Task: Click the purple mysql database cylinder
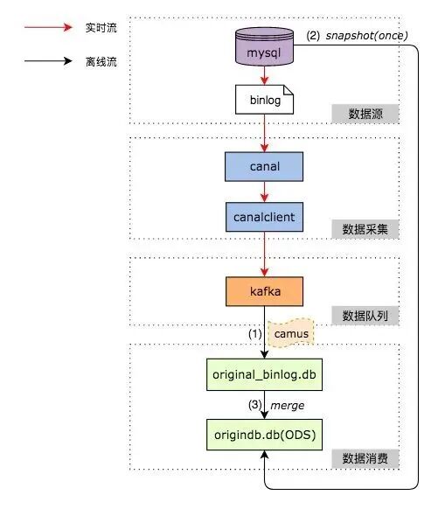click(x=264, y=51)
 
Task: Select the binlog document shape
click(x=264, y=101)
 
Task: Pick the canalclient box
click(x=264, y=214)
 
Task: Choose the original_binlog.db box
click(x=264, y=373)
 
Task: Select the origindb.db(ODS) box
click(x=264, y=434)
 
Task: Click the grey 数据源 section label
click(x=365, y=113)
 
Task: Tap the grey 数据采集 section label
click(x=365, y=230)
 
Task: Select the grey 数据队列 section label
click(x=365, y=315)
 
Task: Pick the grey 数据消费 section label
click(x=365, y=458)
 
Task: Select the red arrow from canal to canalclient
click(x=264, y=190)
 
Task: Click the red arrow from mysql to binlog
click(x=264, y=77)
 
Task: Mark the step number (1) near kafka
click(x=254, y=333)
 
